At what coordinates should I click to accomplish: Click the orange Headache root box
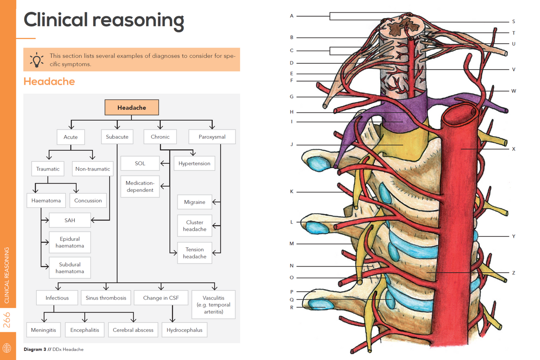pos(132,108)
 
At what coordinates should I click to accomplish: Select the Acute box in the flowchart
pos(71,137)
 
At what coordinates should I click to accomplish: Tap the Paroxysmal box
pos(212,137)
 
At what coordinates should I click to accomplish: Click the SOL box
pos(140,163)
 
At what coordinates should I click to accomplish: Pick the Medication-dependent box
pos(140,187)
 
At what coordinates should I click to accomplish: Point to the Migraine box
pos(194,202)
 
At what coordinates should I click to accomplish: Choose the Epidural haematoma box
pos(70,242)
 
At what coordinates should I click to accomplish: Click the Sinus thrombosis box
pos(106,298)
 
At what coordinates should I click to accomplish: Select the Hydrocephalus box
pos(184,330)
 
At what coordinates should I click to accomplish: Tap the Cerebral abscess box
pos(133,330)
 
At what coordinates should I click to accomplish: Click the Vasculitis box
pos(213,304)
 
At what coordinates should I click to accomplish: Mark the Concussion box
pos(88,201)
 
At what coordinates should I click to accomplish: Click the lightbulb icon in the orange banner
pos(37,60)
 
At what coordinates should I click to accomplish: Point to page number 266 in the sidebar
pos(7,320)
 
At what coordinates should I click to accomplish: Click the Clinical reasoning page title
pos(104,20)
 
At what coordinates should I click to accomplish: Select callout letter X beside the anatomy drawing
pos(514,149)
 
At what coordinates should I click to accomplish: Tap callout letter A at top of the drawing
pos(292,16)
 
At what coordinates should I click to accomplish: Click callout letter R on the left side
pos(292,308)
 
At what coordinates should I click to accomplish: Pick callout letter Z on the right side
pos(514,273)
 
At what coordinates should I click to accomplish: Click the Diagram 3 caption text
pos(54,349)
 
